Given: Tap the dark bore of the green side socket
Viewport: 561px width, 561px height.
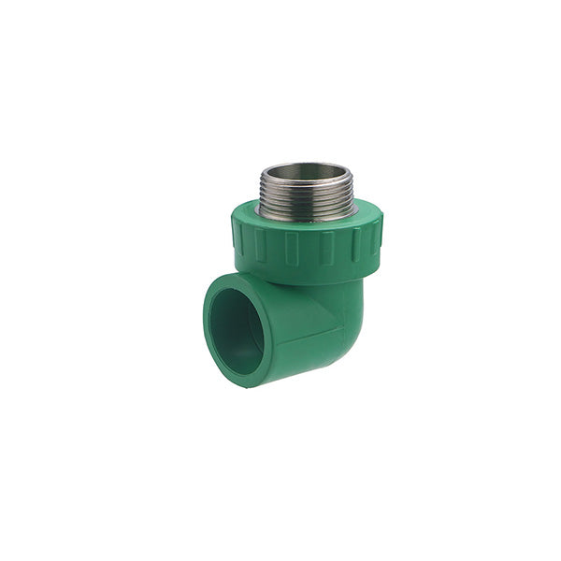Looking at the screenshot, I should pyautogui.click(x=236, y=332).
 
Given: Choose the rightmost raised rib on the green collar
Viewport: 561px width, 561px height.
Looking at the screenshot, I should pyautogui.click(x=377, y=241).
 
